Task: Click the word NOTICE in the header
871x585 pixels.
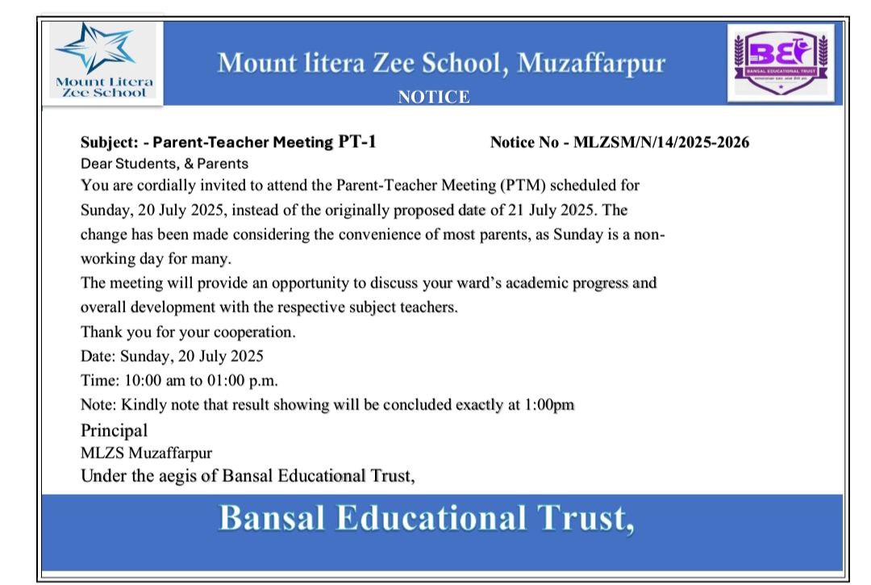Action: coord(434,98)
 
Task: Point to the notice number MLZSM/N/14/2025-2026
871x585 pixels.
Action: coord(661,144)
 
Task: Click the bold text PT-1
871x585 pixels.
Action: coord(356,143)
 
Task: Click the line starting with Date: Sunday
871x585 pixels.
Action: coord(173,356)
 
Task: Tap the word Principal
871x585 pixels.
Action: coord(115,431)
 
